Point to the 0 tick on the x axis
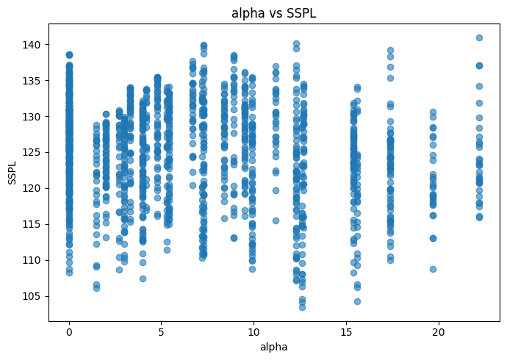point(69,333)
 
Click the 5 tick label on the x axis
point(161,333)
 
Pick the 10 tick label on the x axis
point(253,333)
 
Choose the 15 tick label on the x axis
point(346,333)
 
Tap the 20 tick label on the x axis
point(439,333)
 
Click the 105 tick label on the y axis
point(32,296)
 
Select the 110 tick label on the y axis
point(32,260)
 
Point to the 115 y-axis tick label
point(32,224)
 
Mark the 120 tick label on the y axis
point(32,188)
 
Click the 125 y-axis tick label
point(32,152)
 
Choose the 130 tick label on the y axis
point(32,116)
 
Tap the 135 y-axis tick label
point(32,80)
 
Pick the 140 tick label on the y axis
point(32,45)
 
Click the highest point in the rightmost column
point(479,37)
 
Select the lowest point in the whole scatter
point(302,307)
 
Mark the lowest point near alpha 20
point(433,269)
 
